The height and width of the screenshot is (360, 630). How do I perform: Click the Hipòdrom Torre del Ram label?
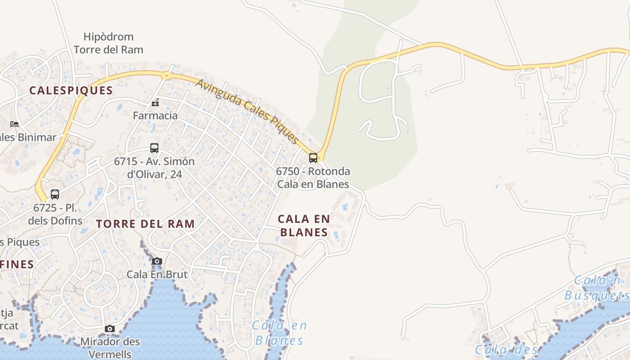[108, 43]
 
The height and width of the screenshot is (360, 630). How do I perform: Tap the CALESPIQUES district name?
[71, 90]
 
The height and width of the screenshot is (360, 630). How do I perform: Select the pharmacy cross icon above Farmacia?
[155, 103]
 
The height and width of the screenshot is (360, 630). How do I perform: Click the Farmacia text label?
[155, 116]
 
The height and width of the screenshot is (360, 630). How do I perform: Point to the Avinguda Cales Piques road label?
[247, 111]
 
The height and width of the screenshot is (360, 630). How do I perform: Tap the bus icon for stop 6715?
[154, 148]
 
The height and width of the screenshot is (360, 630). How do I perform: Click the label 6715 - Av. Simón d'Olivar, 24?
[154, 167]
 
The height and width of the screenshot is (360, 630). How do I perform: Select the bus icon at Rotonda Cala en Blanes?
[313, 158]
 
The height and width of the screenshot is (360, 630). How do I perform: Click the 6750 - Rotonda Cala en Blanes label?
[313, 178]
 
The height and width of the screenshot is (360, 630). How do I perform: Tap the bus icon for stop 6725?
[55, 194]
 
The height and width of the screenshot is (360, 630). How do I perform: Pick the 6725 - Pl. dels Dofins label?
[55, 214]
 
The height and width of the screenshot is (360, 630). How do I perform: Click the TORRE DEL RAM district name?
[145, 224]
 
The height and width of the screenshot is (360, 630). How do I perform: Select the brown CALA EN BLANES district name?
[304, 225]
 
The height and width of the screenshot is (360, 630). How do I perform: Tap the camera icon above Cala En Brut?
[157, 261]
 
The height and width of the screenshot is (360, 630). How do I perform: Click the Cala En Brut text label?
[157, 274]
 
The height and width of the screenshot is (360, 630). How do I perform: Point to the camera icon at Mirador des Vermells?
[110, 329]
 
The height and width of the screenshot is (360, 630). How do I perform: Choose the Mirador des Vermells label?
[110, 347]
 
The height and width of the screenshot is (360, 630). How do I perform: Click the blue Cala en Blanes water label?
[279, 333]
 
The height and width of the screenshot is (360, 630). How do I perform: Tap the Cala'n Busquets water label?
[597, 288]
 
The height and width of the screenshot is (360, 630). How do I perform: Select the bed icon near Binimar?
[14, 124]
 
